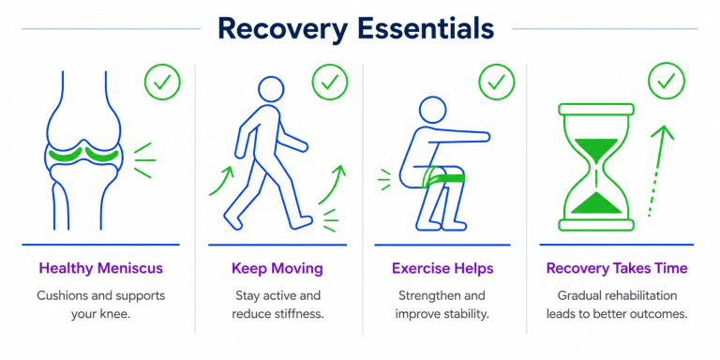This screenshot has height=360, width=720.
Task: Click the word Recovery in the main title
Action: coord(283,29)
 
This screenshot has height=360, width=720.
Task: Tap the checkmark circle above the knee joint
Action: coord(162,82)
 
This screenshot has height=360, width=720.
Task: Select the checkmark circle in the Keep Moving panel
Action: coord(330,82)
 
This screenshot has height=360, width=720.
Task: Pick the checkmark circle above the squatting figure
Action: coord(497,82)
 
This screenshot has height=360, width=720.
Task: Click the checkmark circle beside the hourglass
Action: coord(667,82)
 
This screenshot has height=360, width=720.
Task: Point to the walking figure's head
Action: coord(271,89)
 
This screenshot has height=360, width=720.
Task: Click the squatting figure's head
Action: coord(432,111)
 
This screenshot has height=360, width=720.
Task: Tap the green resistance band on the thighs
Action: coord(444,178)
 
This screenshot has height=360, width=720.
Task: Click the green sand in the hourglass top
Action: coord(596,148)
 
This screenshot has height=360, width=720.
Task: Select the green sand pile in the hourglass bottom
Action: coord(596,204)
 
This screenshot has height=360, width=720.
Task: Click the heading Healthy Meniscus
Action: coord(100,268)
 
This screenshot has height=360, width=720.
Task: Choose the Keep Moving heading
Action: coord(277,269)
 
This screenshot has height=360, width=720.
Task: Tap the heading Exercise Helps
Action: coord(442,268)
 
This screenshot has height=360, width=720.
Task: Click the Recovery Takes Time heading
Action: coord(617,268)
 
